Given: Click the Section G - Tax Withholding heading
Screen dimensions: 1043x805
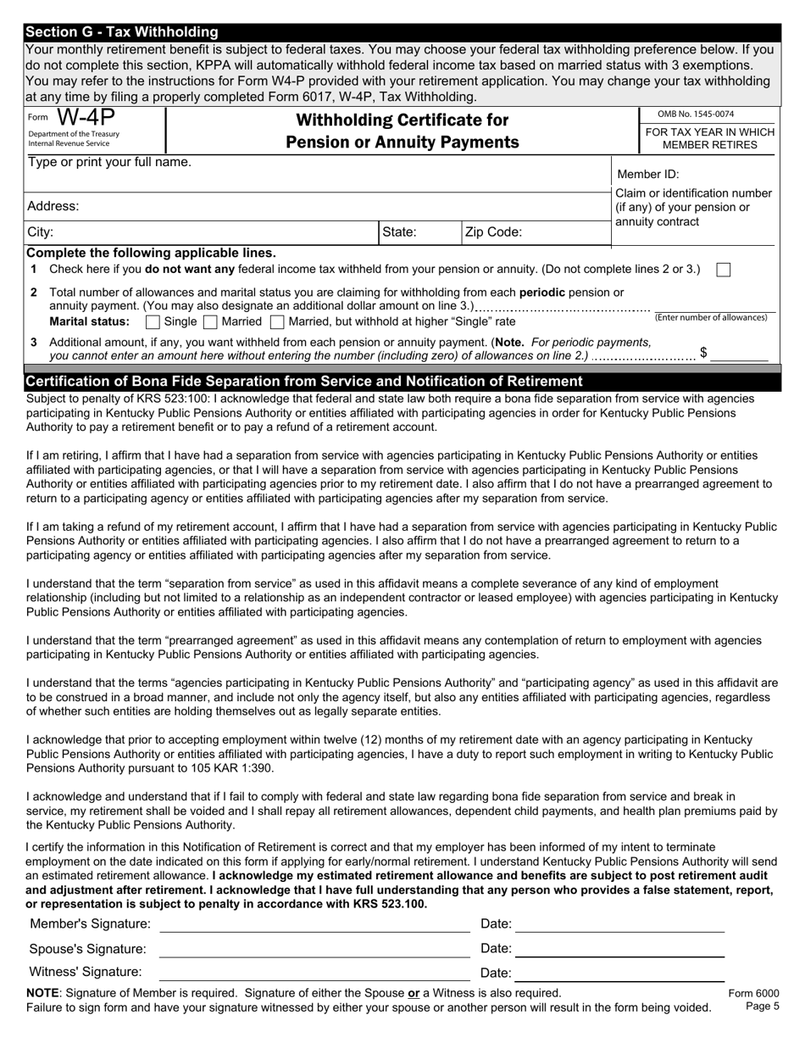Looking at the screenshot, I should pyautogui.click(x=122, y=32).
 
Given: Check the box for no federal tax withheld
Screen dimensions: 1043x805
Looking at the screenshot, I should pyautogui.click(x=724, y=270).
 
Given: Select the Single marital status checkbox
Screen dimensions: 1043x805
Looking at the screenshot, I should pyautogui.click(x=153, y=322).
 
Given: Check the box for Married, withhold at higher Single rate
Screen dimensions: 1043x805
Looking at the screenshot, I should pyautogui.click(x=277, y=322).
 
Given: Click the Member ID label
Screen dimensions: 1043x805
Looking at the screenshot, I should pyautogui.click(x=647, y=175).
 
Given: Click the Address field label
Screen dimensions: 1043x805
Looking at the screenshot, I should pyautogui.click(x=53, y=206).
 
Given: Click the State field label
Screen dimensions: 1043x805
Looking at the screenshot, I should pyautogui.click(x=399, y=231).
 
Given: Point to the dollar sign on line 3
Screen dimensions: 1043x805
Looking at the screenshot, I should pyautogui.click(x=703, y=352).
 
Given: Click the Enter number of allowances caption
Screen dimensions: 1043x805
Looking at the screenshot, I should pyautogui.click(x=711, y=317).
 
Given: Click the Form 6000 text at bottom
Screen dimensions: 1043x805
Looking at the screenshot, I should pyautogui.click(x=753, y=994).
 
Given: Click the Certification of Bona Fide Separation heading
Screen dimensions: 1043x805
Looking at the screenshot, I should pyautogui.click(x=305, y=382).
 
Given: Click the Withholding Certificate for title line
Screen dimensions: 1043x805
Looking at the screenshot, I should pyautogui.click(x=402, y=120).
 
